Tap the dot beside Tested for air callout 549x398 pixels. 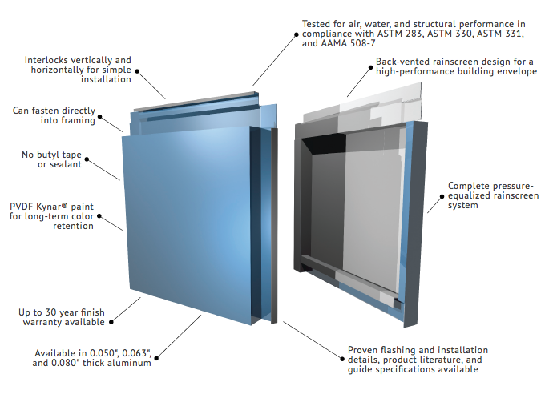[296, 34]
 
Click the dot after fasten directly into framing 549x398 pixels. [102, 120]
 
